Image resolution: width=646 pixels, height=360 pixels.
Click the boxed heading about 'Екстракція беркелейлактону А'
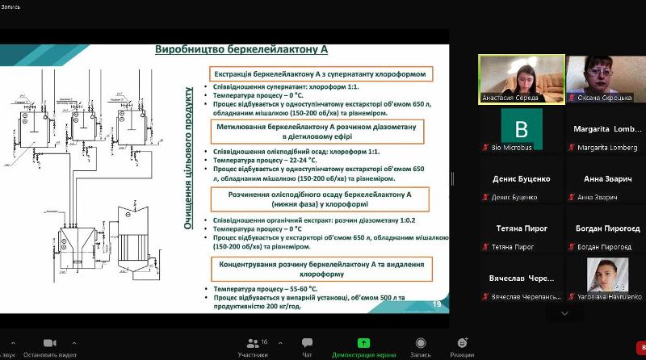coord(318,73)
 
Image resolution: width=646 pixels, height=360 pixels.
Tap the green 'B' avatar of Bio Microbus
coord(521,128)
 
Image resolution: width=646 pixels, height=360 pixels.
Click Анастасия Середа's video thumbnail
coord(521,79)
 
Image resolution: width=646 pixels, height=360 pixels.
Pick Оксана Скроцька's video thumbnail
coord(606,79)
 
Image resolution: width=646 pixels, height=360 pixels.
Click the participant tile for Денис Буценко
coord(521,182)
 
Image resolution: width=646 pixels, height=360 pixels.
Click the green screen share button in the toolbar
coord(364,347)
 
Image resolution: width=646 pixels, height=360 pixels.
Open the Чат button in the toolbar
coord(307,347)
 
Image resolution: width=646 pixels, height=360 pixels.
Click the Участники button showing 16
coord(252,347)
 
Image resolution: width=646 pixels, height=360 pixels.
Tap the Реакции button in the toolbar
coord(462,347)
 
